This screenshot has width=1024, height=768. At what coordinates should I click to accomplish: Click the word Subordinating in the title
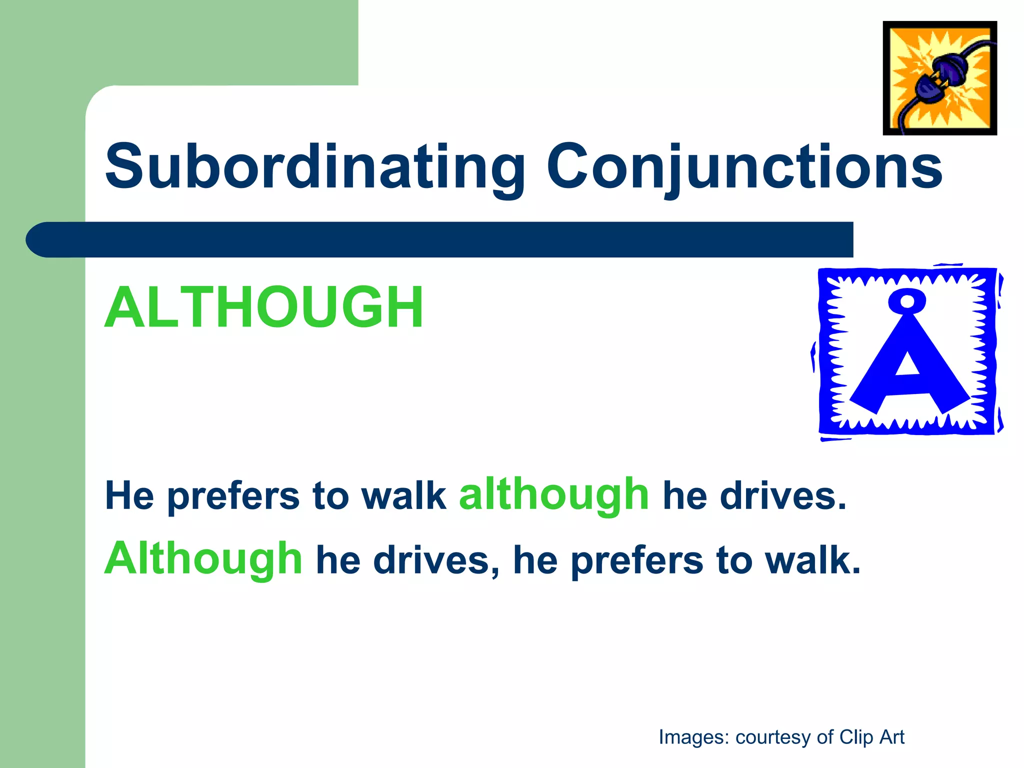pyautogui.click(x=315, y=167)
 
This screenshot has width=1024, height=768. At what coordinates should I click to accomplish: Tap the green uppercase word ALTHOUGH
pyautogui.click(x=264, y=307)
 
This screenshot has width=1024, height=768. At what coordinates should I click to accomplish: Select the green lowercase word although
pyautogui.click(x=554, y=495)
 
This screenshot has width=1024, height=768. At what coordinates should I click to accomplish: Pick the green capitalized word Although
pyautogui.click(x=203, y=558)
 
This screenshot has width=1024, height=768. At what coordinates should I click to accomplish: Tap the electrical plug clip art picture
pyautogui.click(x=939, y=78)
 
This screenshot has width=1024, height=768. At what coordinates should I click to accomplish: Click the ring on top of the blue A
pyautogui.click(x=907, y=301)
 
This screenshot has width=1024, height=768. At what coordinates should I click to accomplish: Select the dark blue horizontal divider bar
pyautogui.click(x=440, y=239)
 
